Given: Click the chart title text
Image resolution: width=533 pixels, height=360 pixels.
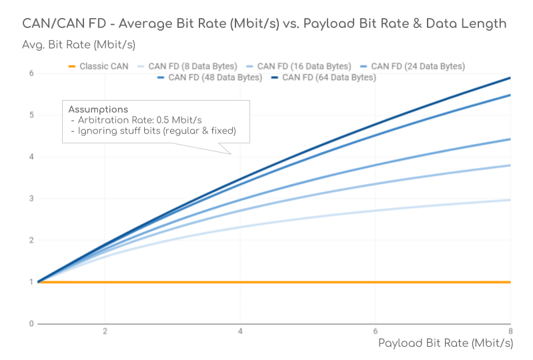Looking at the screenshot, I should coord(264,24).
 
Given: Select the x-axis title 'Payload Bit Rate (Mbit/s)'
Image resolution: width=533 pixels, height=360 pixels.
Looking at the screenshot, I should coord(445,343).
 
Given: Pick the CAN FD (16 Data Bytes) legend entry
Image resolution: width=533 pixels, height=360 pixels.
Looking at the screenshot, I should coord(304,66).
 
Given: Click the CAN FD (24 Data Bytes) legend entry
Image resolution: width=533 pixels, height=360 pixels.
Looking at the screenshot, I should coord(418,66).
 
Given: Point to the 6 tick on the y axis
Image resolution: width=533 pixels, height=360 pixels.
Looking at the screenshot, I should coord(31,73).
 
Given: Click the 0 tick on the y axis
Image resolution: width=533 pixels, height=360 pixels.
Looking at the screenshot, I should coord(31,324).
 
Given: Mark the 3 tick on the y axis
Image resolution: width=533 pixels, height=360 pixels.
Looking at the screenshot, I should coord(31,199).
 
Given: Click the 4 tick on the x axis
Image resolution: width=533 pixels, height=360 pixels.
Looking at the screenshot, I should coord(240,331).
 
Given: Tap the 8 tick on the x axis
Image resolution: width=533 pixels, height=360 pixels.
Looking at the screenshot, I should coord(510,331).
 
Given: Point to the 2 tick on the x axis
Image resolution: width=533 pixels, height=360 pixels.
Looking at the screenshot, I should coord(105,331).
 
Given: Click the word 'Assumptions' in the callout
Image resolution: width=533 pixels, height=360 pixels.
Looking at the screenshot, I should coord(98,109).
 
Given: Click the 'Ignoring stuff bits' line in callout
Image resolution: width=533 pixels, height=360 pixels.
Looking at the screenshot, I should coord(153,131).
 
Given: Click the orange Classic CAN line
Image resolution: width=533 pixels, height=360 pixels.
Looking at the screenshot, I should coord(267,282).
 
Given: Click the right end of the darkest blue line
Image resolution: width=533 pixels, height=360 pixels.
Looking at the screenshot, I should coord(509,79).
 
